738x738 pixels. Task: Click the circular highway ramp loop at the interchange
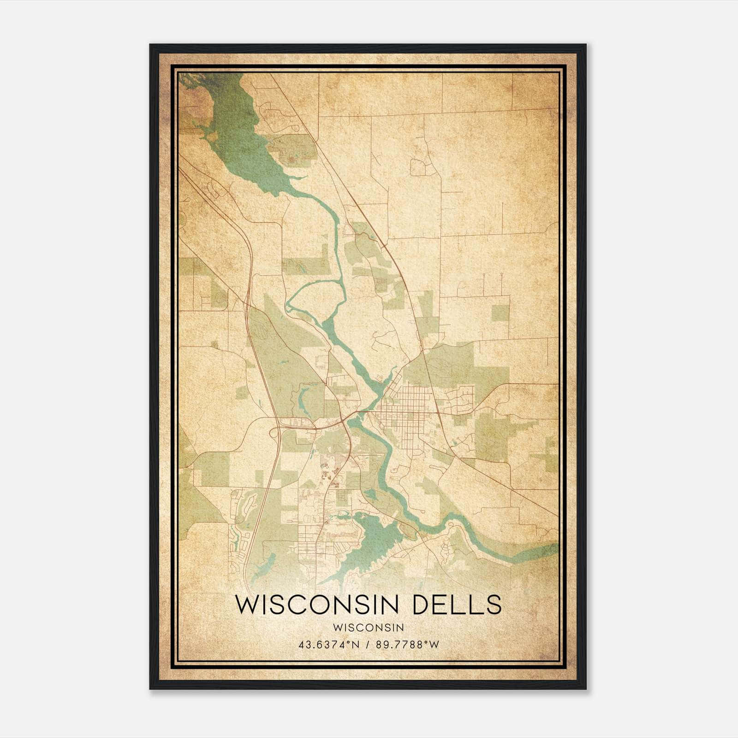(x=275, y=433)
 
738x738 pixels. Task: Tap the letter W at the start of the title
(x=247, y=605)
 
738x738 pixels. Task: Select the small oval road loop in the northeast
(x=419, y=167)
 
